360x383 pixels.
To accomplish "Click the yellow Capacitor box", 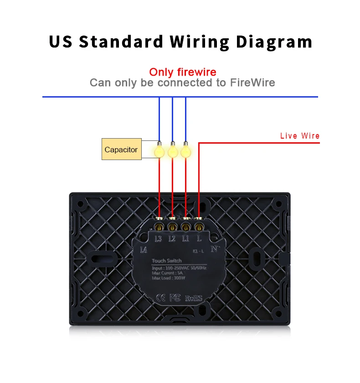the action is (121, 150).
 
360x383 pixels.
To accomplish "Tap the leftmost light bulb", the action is (159, 151).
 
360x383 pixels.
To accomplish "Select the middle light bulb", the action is (173, 151).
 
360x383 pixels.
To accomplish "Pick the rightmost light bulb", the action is (185, 151).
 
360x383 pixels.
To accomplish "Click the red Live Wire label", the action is (299, 136).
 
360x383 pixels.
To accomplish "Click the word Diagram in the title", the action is (278, 41).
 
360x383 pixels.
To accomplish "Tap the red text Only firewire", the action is (183, 72).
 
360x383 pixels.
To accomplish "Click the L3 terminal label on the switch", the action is (159, 238).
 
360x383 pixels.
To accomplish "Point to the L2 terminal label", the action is (172, 238).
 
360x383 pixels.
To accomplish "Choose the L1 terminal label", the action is (185, 238).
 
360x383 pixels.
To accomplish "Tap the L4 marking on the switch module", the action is (144, 249).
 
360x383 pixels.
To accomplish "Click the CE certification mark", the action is (162, 298).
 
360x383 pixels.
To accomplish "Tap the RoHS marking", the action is (193, 299).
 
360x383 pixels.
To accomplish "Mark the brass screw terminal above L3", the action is (159, 226).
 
